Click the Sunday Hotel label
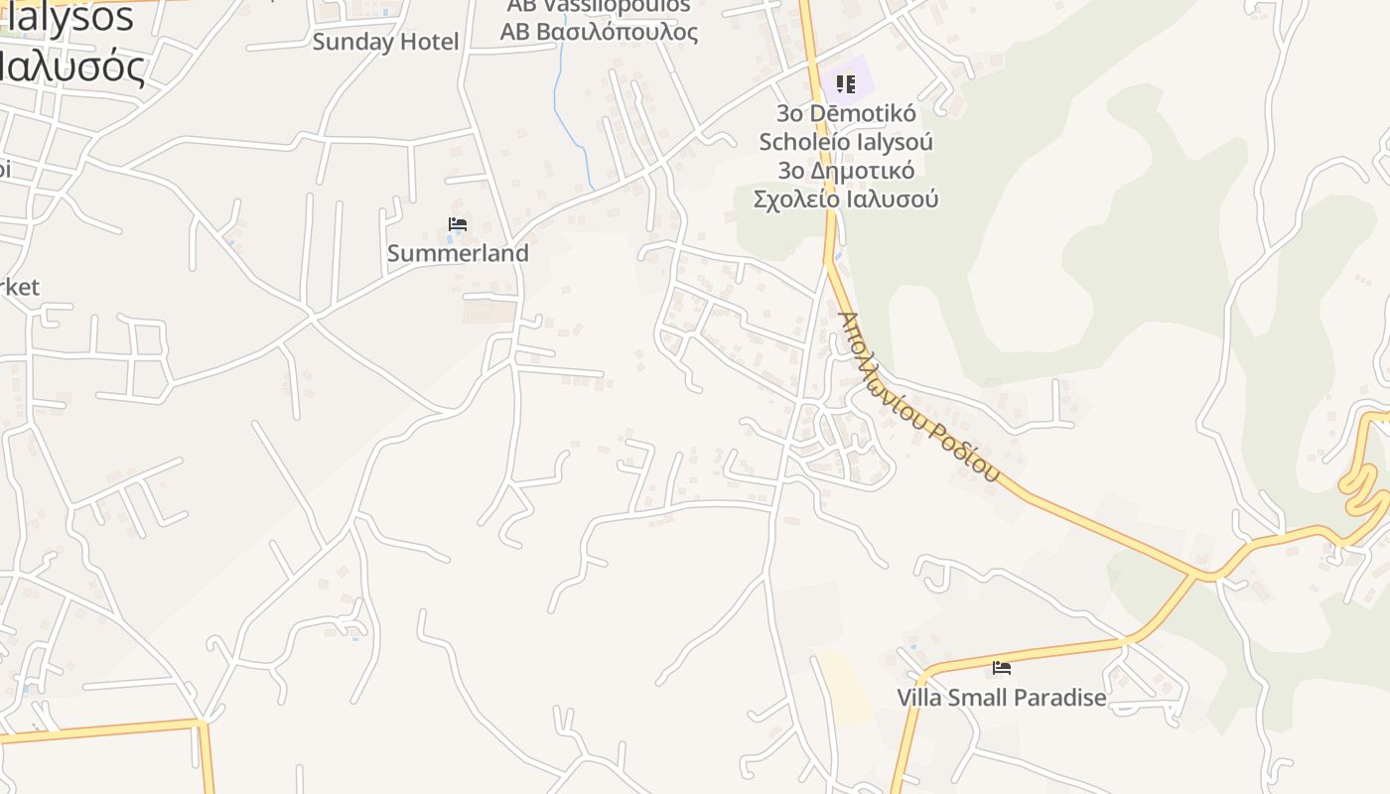coord(385,42)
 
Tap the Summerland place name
coord(458,253)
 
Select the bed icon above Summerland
coord(458,224)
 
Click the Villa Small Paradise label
coord(1002,698)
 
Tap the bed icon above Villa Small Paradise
coord(1002,668)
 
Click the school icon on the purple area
coord(845,84)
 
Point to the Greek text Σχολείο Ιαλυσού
coord(846,198)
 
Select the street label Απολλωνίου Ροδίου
coord(917,397)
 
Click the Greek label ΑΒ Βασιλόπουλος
coord(599,32)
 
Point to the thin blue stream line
coord(570,119)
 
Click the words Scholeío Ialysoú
coord(846,141)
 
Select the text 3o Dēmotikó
coord(846,113)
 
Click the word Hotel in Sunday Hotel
coord(429,42)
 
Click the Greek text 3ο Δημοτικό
coord(846,170)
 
